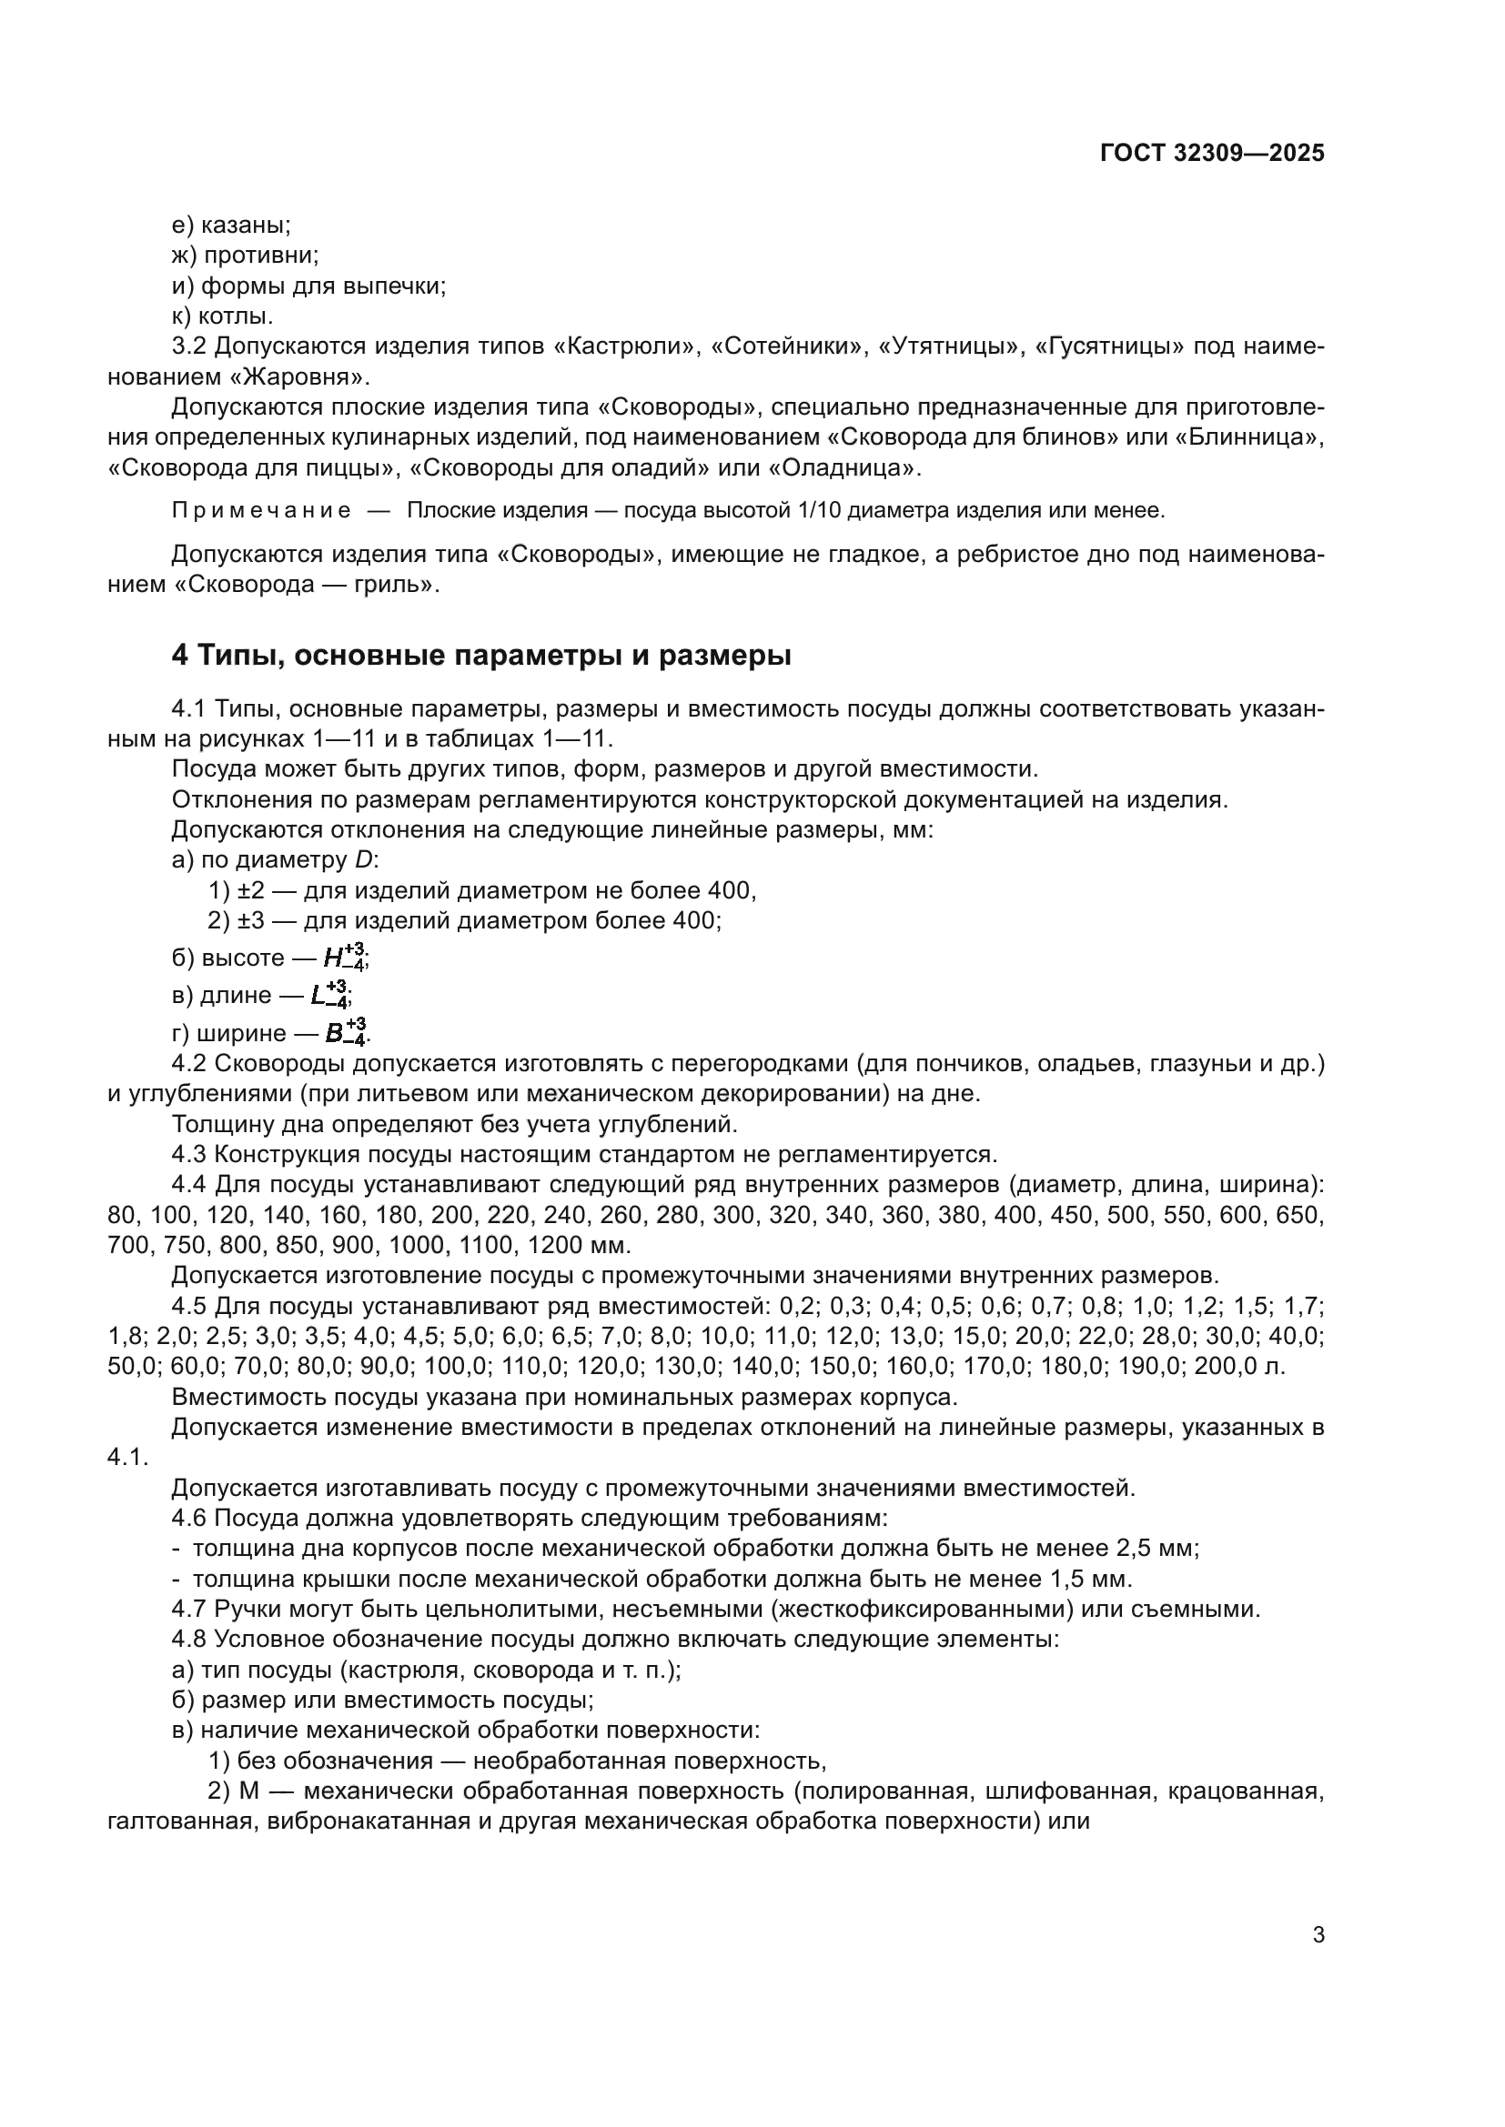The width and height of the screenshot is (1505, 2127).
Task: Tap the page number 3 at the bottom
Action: tap(1318, 1934)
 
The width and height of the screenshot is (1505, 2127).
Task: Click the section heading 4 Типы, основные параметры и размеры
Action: tap(481, 655)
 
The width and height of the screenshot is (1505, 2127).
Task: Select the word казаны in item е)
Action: tap(245, 226)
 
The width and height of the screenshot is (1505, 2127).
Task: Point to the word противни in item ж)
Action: tap(260, 256)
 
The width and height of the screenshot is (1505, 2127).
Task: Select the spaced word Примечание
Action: tap(261, 510)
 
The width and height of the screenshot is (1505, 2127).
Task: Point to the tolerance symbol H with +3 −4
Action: tap(346, 957)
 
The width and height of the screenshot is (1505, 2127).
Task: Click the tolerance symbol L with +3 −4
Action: tap(330, 995)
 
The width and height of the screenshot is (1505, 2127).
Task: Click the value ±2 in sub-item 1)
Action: tap(251, 891)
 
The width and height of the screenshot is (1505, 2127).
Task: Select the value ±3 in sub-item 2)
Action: tap(251, 921)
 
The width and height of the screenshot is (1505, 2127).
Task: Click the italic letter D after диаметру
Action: tap(363, 860)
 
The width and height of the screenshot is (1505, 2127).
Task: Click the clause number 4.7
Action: tap(189, 1610)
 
